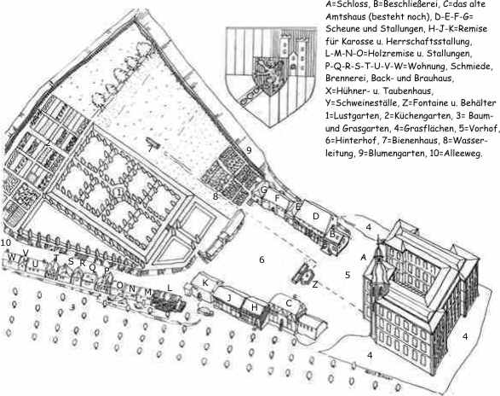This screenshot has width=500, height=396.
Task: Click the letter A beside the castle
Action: coord(363,257)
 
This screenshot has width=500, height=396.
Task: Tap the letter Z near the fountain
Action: coord(315,284)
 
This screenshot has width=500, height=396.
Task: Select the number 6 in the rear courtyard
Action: coord(261,259)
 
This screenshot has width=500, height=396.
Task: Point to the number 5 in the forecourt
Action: coord(348,275)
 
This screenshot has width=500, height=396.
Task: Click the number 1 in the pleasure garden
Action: coord(119,192)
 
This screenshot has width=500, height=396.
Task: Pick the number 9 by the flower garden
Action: coord(249,150)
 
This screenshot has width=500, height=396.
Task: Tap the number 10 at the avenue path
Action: coord(6,243)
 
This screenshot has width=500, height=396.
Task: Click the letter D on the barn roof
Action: coord(316,217)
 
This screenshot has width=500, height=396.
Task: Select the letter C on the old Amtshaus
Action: coord(289,303)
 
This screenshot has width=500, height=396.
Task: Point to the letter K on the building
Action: coord(205,282)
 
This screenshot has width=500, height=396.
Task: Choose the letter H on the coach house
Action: coord(254,307)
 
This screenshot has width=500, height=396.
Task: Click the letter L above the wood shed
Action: coord(170,288)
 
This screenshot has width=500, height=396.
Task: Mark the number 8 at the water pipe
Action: coord(216,196)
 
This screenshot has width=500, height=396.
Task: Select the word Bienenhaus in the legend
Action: coord(422,141)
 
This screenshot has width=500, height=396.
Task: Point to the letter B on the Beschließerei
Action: coord(332,235)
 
